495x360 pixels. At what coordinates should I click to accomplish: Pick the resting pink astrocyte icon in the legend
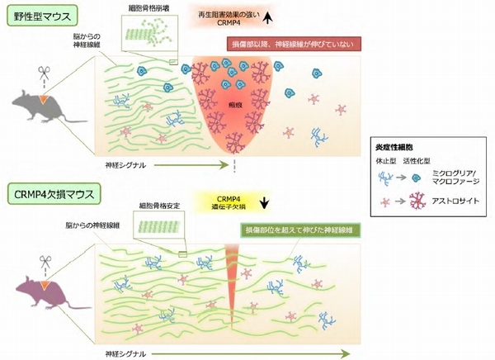(386, 199)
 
